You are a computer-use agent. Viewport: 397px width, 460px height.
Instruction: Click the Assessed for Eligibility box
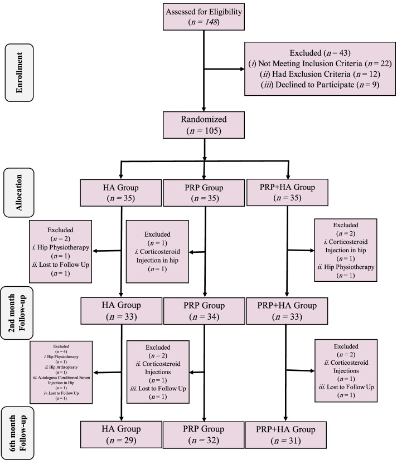pyautogui.click(x=206, y=17)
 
